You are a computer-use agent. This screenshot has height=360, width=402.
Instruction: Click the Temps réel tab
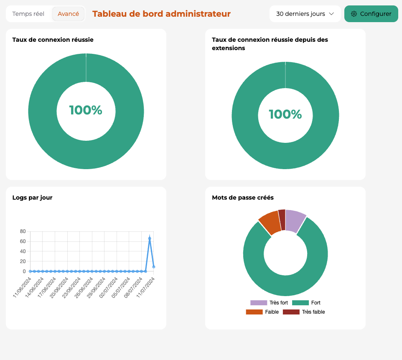point(28,14)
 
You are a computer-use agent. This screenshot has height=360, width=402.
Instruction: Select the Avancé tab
point(68,14)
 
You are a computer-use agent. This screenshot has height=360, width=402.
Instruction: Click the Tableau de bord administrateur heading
point(161,14)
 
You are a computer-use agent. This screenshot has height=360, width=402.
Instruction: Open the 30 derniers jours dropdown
point(305,14)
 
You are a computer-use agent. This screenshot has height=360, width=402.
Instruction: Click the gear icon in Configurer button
point(354,14)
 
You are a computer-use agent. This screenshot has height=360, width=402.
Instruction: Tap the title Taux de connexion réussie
point(53,40)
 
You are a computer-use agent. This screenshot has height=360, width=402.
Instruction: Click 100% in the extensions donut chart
point(285,114)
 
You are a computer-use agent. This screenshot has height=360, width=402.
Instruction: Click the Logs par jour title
point(33,198)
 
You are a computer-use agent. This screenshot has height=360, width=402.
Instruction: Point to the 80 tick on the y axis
point(23,231)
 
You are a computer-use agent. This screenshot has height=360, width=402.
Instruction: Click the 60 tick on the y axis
point(23,241)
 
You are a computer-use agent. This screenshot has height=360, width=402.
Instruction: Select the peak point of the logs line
point(150,238)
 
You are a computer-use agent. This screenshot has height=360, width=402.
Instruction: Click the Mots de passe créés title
point(243,198)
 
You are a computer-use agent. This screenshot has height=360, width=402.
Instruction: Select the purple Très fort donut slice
point(295,221)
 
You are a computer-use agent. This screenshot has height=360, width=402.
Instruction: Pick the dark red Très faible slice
point(282,219)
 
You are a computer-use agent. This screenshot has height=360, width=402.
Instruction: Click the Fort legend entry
point(306,303)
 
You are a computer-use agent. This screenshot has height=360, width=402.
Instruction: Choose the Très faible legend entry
point(304,312)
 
